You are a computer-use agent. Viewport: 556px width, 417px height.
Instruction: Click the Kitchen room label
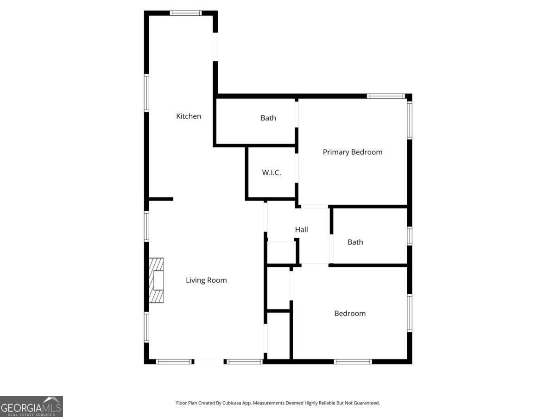coord(189,116)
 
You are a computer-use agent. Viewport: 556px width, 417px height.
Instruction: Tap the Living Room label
coord(206,280)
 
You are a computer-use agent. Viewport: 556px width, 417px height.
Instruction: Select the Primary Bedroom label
coord(353,152)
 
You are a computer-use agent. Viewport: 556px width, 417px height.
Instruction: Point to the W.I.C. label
coord(272,173)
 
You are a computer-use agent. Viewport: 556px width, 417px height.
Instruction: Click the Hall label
coord(301,229)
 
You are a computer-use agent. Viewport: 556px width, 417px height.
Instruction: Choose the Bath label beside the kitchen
coord(268,118)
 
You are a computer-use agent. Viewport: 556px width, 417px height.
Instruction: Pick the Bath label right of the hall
coord(355,242)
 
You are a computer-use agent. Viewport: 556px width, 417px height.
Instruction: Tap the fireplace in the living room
coord(156,280)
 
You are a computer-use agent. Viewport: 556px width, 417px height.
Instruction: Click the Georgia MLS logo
coord(31,406)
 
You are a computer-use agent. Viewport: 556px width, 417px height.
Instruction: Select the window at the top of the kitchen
coord(186,13)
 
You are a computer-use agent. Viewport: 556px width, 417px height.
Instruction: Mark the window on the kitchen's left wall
coord(146,93)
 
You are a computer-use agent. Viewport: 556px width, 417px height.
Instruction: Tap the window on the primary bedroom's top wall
coord(386,96)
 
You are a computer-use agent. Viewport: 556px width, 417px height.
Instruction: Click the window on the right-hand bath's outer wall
coord(410,235)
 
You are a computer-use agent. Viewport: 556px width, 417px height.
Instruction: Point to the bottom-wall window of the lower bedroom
coord(353,361)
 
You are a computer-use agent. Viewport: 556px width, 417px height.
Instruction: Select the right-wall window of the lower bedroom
coord(410,313)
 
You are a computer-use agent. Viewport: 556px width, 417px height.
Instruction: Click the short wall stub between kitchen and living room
coord(161,199)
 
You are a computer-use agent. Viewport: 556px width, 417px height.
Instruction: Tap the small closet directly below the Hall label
coord(282,253)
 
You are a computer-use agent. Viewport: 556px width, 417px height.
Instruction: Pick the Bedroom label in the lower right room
coord(350,314)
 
